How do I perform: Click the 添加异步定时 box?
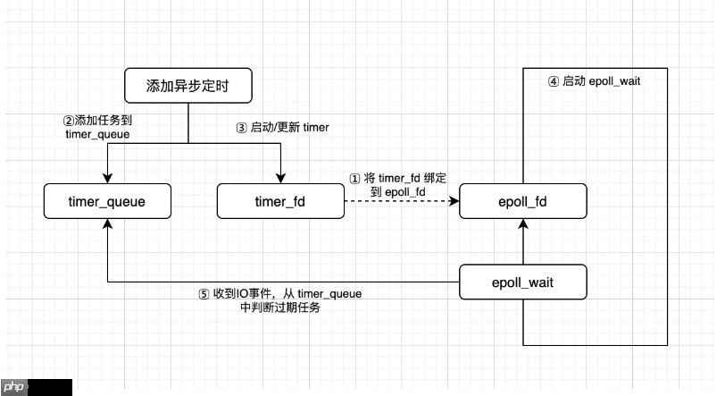click(x=187, y=87)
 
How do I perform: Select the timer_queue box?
click(x=106, y=202)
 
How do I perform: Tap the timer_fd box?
click(x=280, y=202)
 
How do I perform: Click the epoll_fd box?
click(x=522, y=202)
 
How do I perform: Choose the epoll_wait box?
click(x=522, y=282)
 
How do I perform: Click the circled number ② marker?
click(x=67, y=119)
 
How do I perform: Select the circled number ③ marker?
click(x=241, y=128)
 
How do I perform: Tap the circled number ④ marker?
click(x=554, y=81)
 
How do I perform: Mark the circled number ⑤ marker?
click(x=203, y=294)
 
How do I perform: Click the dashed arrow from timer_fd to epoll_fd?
click(x=402, y=202)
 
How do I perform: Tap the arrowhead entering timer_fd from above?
click(x=280, y=179)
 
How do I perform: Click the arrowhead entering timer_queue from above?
click(x=106, y=179)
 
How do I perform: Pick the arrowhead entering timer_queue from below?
click(x=106, y=225)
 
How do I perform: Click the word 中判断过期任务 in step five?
click(x=279, y=308)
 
